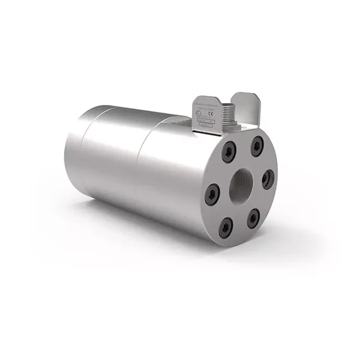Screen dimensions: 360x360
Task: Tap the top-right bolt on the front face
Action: tap(257, 144)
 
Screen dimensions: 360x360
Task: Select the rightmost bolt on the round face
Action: tap(268, 178)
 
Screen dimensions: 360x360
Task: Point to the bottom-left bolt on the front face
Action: tap(225, 226)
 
